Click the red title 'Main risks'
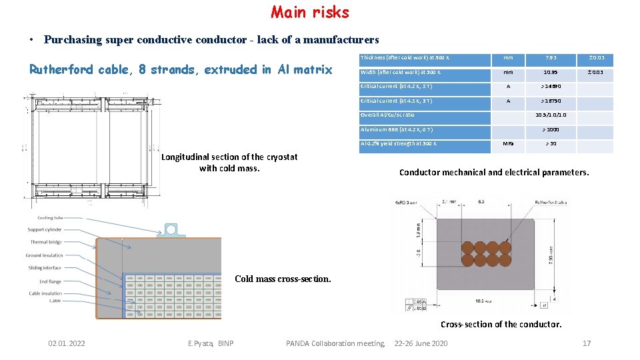click(310, 12)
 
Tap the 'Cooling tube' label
click(50, 218)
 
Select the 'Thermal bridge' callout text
click(46, 242)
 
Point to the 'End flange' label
click(50, 281)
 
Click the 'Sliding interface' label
click(45, 268)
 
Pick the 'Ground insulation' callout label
click(44, 255)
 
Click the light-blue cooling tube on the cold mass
click(171, 229)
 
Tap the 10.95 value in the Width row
click(550, 72)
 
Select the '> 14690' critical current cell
click(550, 87)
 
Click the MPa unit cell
click(509, 143)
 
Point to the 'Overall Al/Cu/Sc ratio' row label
click(387, 115)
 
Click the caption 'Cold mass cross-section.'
click(283, 279)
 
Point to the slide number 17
click(587, 343)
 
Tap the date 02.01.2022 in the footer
click(67, 343)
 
